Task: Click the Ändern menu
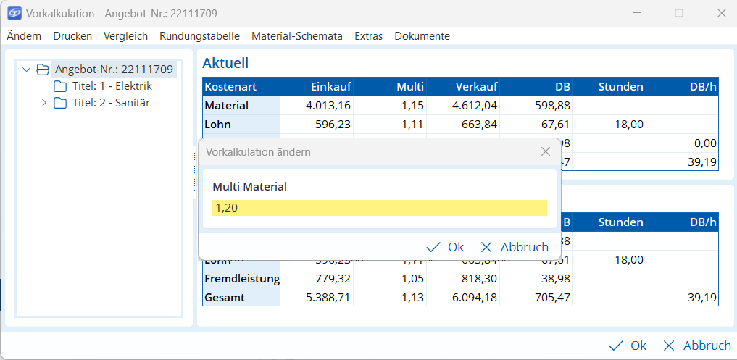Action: point(23,35)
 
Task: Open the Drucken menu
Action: point(72,35)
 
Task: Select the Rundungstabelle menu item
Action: point(200,35)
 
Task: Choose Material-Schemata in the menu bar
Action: point(296,35)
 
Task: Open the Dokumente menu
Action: point(422,35)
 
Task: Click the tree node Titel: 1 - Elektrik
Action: point(112,86)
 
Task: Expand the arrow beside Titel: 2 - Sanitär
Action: point(43,103)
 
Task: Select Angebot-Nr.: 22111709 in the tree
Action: point(114,70)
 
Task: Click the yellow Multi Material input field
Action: point(379,208)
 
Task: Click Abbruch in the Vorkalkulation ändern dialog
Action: point(515,247)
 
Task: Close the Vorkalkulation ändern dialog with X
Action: point(546,151)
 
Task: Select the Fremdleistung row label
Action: point(241,278)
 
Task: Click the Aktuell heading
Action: point(225,63)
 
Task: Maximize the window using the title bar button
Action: point(678,13)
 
